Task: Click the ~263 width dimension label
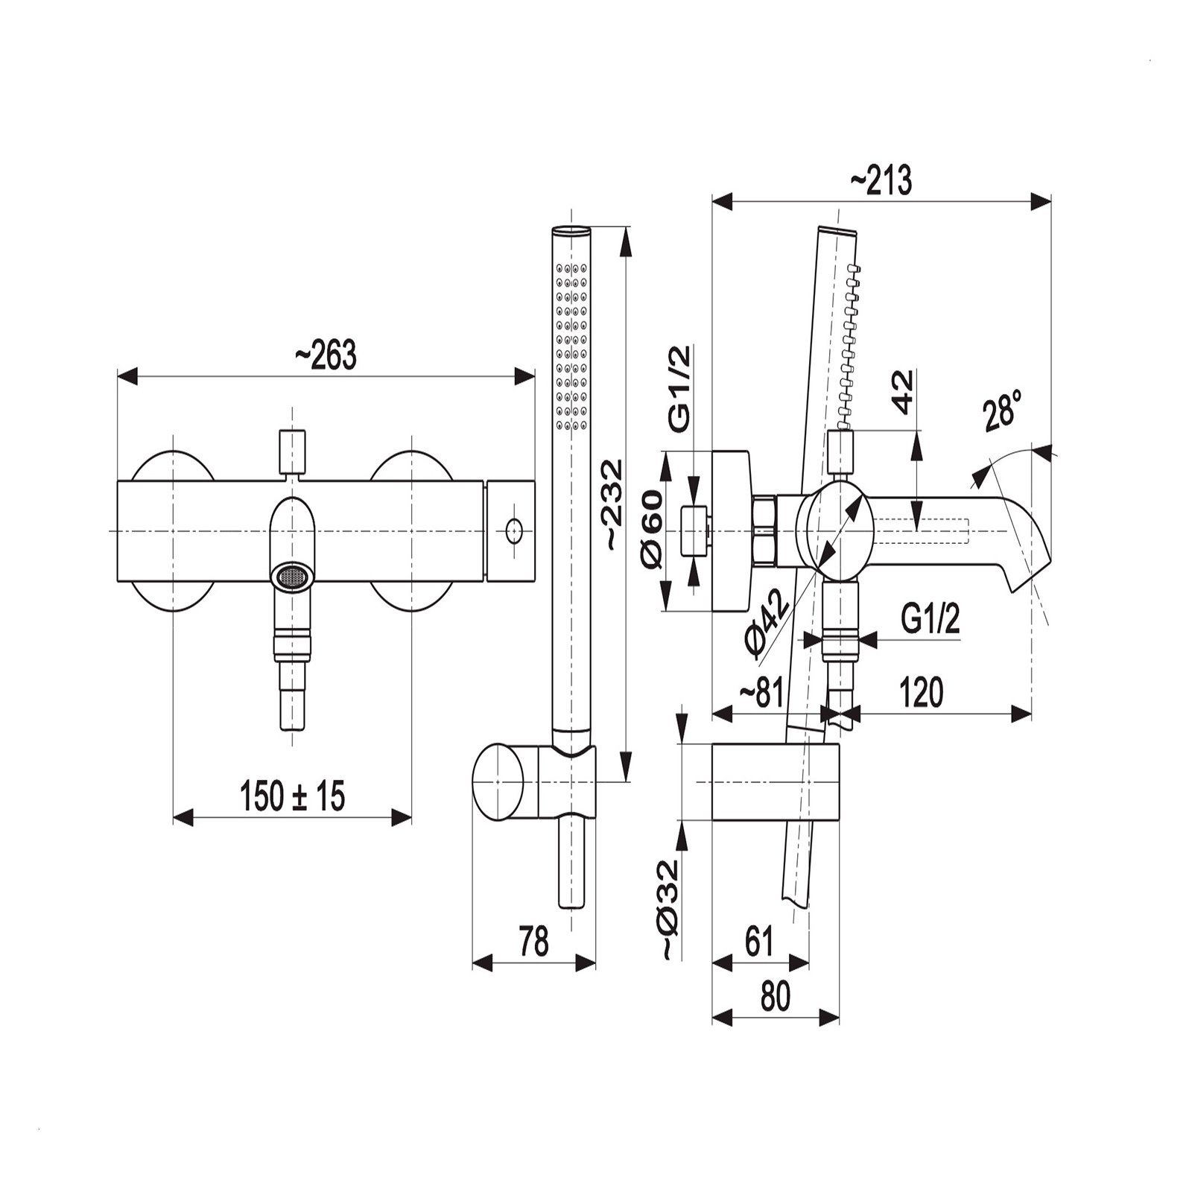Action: click(x=326, y=356)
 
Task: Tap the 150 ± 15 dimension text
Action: click(x=293, y=796)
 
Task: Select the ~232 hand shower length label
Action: click(x=612, y=504)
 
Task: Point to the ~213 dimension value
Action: click(x=881, y=180)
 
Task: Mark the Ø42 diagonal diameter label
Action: click(x=767, y=624)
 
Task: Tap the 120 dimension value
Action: click(x=922, y=693)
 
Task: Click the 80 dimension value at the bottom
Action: click(x=775, y=997)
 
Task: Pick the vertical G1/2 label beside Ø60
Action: click(x=679, y=390)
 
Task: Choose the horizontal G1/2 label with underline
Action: click(x=930, y=619)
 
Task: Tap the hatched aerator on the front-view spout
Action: click(x=291, y=577)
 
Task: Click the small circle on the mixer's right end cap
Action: click(x=513, y=531)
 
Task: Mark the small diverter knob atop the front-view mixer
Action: click(x=292, y=451)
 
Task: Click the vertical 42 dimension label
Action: click(x=903, y=392)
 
